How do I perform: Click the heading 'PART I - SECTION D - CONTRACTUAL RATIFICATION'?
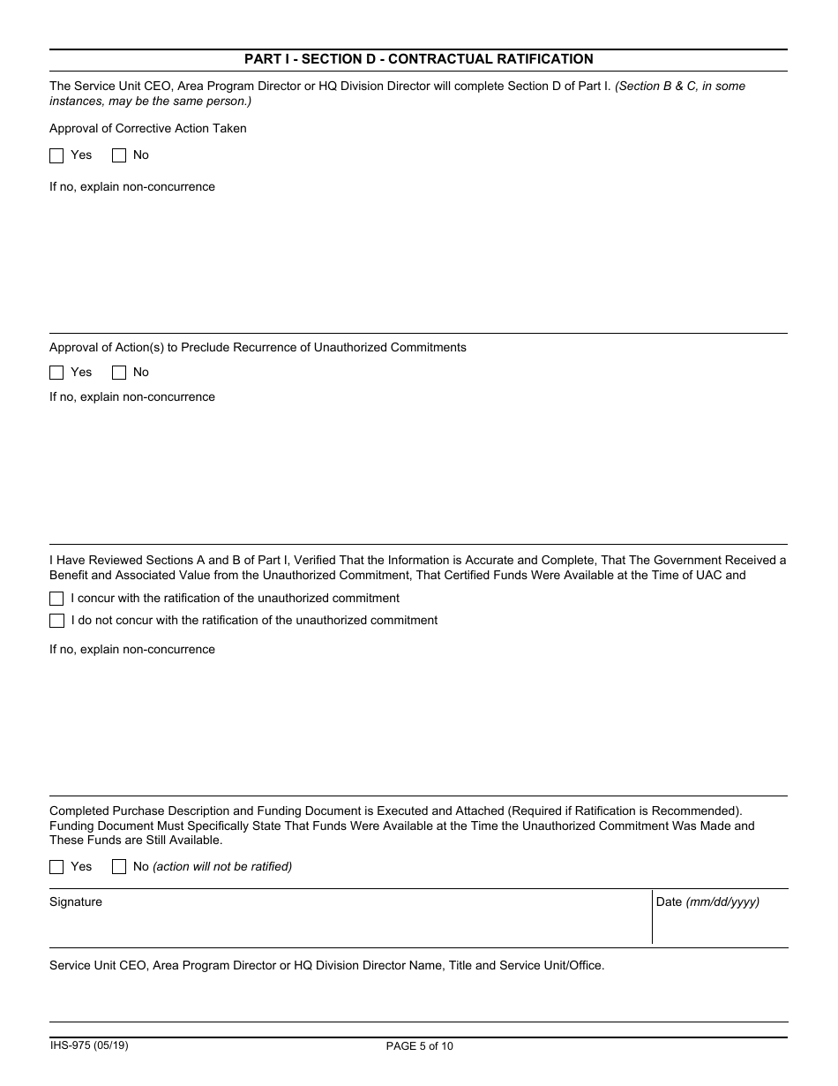coord(418,59)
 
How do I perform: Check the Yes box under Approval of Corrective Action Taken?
coord(56,156)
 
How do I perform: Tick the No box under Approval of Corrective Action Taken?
coord(119,156)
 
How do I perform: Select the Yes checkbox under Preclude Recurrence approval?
coord(56,373)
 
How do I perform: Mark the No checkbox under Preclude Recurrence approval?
coord(119,373)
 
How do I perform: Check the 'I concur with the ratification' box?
coord(56,599)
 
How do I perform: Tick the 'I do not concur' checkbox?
coord(56,621)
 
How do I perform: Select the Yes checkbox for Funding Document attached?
coord(56,867)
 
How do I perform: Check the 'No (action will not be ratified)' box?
coord(119,867)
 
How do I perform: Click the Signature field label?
coord(76,902)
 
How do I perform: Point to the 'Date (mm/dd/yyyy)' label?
coord(707,902)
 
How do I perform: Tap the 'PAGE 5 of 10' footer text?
coord(420,1046)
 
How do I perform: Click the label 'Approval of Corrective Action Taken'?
coord(148,129)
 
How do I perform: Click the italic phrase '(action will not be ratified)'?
coord(222,867)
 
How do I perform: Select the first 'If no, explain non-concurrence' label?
coord(132,187)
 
